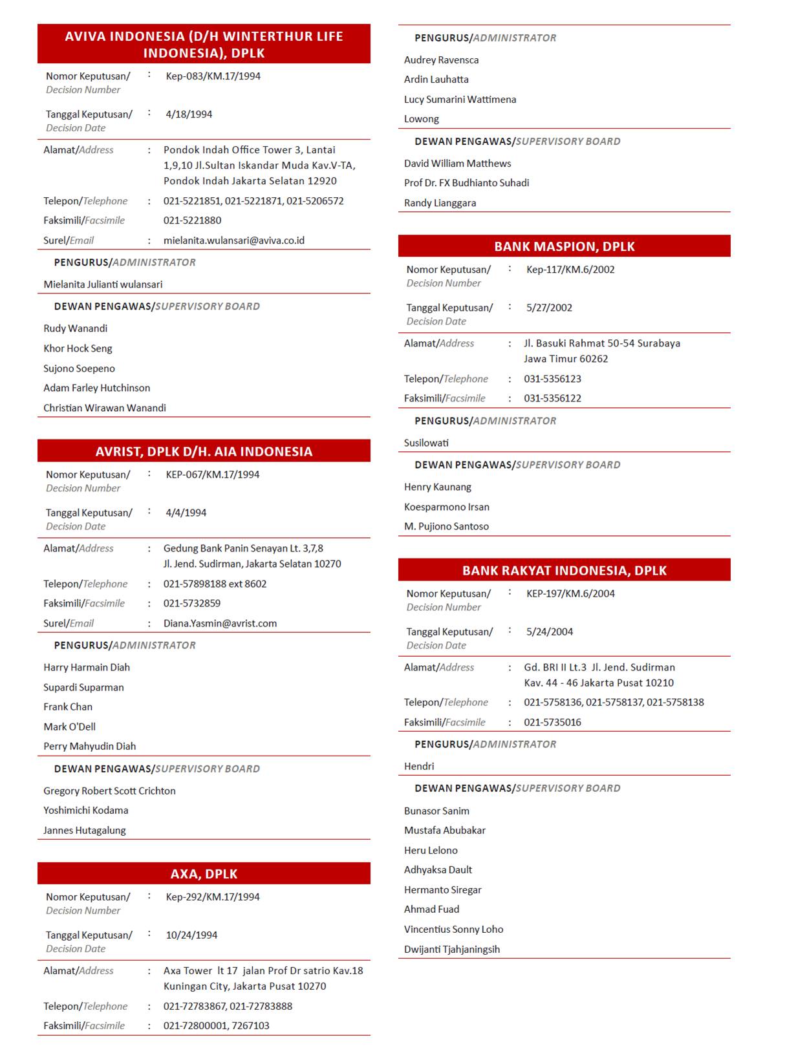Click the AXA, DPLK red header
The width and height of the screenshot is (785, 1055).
(x=204, y=873)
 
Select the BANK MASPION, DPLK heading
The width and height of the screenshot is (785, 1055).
(x=564, y=246)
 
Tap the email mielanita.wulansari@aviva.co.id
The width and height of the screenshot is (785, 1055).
(x=233, y=240)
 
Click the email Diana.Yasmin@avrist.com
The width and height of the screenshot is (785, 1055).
(x=220, y=623)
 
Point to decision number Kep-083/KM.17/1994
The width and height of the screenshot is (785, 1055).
(x=213, y=76)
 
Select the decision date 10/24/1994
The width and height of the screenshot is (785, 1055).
(x=191, y=935)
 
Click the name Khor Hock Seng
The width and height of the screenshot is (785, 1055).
(x=78, y=348)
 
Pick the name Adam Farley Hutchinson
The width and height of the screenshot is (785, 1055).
(x=96, y=388)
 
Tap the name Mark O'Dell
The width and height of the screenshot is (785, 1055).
(x=69, y=727)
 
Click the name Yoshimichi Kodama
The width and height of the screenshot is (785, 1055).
(x=85, y=810)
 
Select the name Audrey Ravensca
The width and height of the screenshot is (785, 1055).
(x=441, y=60)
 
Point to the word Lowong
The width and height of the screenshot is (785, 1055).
(x=421, y=119)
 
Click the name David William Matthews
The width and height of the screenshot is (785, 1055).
(x=457, y=164)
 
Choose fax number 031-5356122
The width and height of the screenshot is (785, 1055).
(x=552, y=398)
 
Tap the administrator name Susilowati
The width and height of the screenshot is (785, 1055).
(x=426, y=443)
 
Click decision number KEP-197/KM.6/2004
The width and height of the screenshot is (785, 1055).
(x=570, y=593)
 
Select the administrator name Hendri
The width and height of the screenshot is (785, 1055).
(x=419, y=766)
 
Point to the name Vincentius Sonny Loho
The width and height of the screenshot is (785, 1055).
(x=453, y=929)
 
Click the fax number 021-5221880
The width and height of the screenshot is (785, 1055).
(x=192, y=220)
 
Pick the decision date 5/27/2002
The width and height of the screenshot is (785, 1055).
(x=549, y=308)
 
